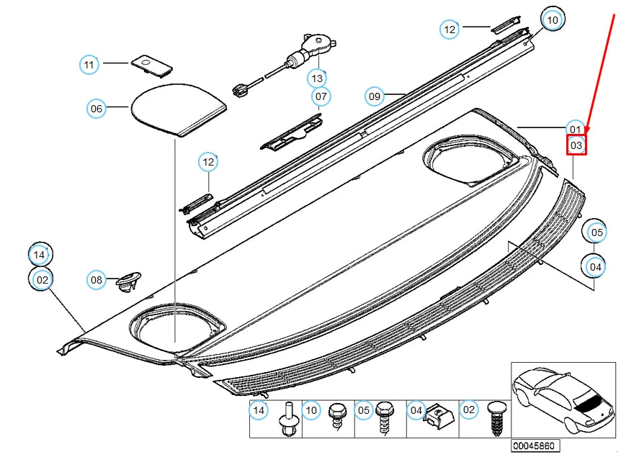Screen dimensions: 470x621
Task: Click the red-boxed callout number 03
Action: click(576, 145)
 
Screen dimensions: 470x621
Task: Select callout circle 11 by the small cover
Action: click(89, 65)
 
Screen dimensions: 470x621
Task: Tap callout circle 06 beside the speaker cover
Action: click(97, 109)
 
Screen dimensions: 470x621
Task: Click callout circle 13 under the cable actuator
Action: click(317, 77)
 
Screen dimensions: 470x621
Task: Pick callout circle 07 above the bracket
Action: click(321, 96)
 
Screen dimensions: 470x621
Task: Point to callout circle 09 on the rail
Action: click(374, 96)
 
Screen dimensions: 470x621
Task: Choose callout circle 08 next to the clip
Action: click(97, 279)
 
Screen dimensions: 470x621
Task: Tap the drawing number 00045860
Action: click(534, 446)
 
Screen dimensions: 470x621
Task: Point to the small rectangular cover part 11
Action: click(151, 65)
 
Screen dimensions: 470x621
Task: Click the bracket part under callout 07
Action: click(292, 132)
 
